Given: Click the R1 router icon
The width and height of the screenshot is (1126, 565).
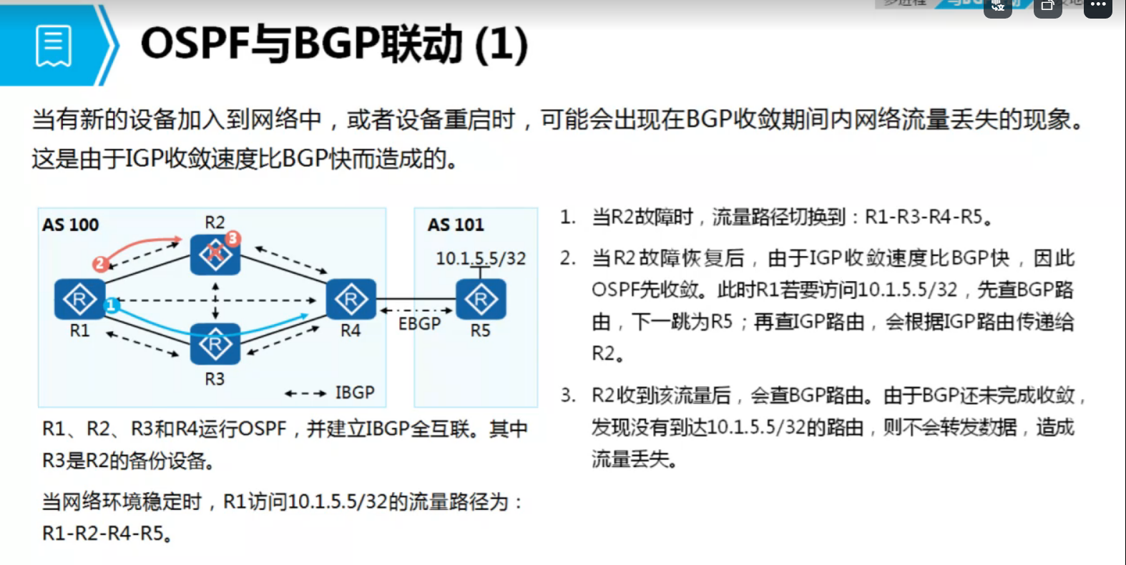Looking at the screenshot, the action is pyautogui.click(x=79, y=299).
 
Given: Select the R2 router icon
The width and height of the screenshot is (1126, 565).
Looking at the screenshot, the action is pyautogui.click(x=215, y=254).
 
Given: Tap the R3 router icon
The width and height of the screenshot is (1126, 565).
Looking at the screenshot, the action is pyautogui.click(x=215, y=345).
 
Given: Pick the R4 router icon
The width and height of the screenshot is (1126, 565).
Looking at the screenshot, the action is pyautogui.click(x=351, y=299).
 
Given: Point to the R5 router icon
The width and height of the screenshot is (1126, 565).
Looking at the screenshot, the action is pyautogui.click(x=481, y=299).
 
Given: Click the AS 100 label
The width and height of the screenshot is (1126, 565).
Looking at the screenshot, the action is pyautogui.click(x=70, y=225).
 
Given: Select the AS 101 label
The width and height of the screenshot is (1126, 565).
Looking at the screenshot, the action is pyautogui.click(x=456, y=225).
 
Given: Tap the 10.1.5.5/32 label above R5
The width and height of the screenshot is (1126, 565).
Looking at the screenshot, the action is pyautogui.click(x=481, y=258).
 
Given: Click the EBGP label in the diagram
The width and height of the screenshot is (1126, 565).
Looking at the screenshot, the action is pyautogui.click(x=419, y=324).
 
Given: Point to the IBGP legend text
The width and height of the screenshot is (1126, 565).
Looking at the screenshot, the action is pyautogui.click(x=355, y=393).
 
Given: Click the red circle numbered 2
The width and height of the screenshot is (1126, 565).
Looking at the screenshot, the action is pyautogui.click(x=100, y=264).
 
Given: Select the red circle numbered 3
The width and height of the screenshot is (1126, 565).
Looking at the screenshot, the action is pyautogui.click(x=232, y=238).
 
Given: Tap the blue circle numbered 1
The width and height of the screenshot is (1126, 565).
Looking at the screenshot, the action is pyautogui.click(x=111, y=306).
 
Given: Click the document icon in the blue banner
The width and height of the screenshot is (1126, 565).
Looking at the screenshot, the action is pyautogui.click(x=54, y=46).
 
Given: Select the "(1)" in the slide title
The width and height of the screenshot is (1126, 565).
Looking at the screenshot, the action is pyautogui.click(x=501, y=44).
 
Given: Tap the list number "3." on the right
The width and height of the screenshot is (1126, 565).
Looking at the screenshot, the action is pyautogui.click(x=568, y=395).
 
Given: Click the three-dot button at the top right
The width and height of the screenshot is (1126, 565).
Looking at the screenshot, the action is pyautogui.click(x=1098, y=6).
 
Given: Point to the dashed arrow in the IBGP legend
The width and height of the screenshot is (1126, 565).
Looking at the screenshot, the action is pyautogui.click(x=305, y=393).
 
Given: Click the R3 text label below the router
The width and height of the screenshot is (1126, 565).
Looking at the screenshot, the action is pyautogui.click(x=215, y=378).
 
